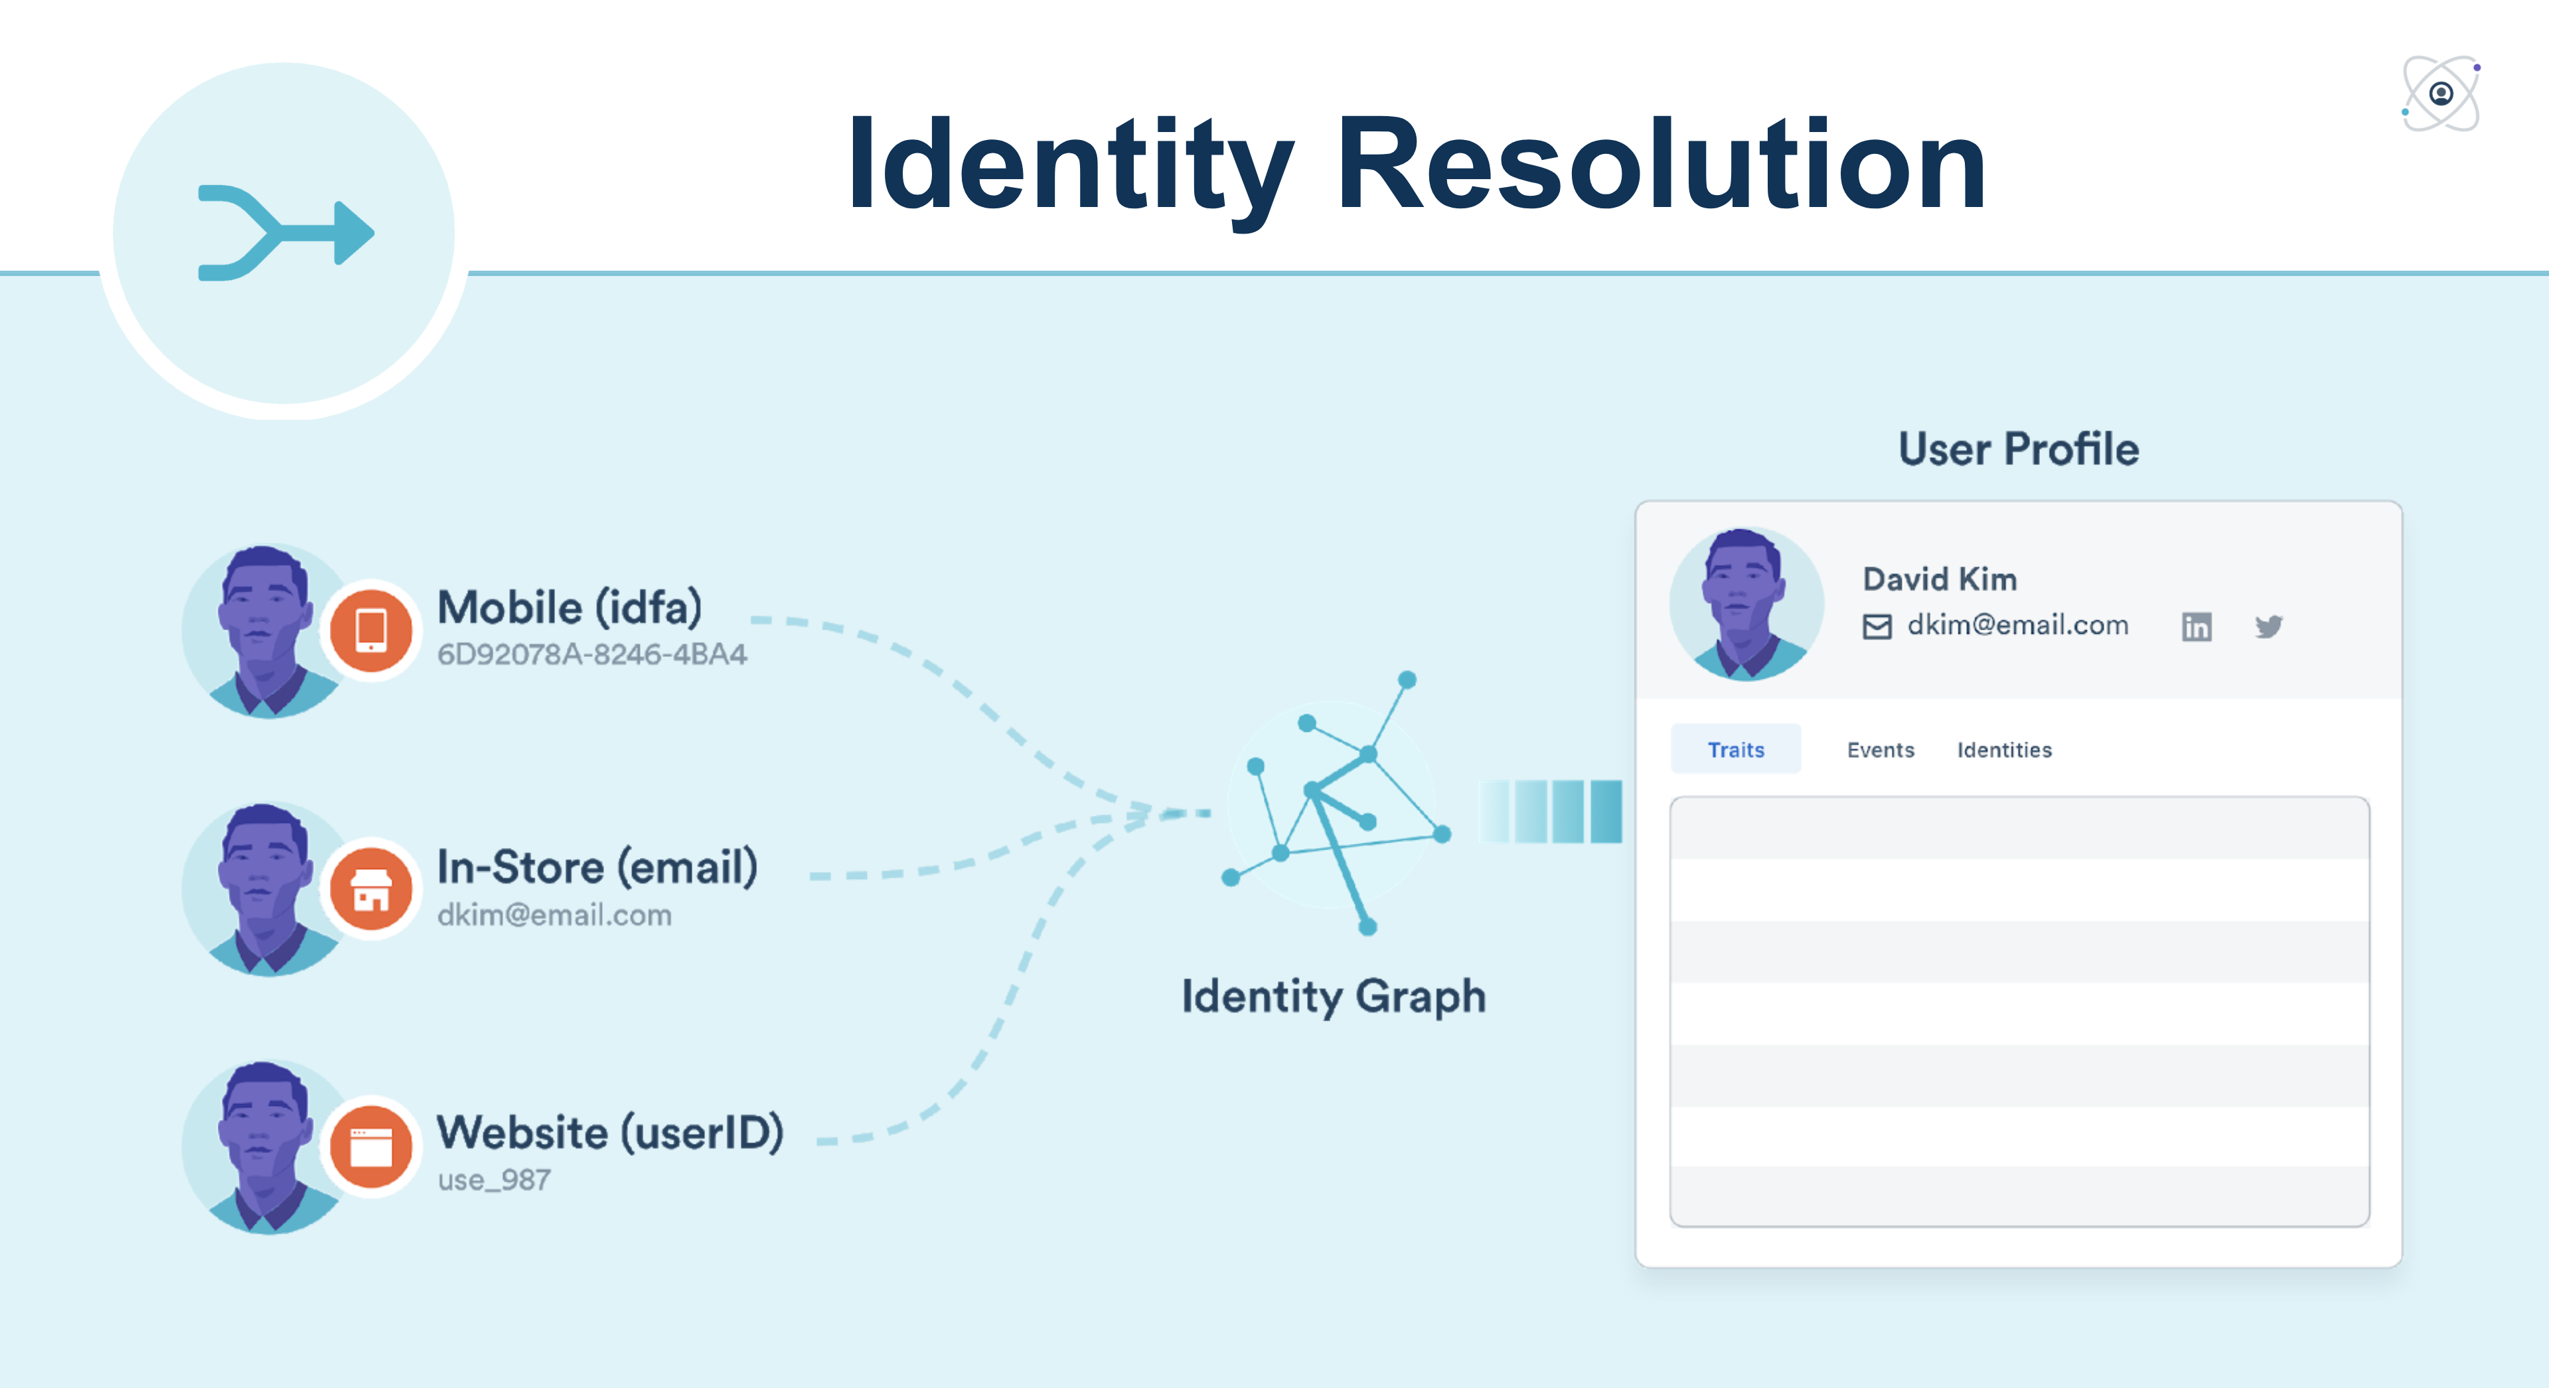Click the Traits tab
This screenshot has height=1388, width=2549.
(1736, 750)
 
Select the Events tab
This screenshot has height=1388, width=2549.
(1880, 750)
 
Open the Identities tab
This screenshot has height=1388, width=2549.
(2004, 750)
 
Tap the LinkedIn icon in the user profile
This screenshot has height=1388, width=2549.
(2196, 626)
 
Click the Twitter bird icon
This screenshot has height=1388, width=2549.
(2268, 626)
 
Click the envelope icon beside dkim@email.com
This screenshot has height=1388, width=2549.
(1876, 626)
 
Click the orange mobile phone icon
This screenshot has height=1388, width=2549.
(371, 630)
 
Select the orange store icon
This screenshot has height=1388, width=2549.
(371, 889)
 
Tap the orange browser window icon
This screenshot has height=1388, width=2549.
(371, 1146)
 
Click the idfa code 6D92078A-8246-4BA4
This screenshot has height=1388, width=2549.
(591, 655)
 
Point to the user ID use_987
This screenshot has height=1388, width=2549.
(494, 1180)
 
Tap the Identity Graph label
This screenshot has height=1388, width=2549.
(1333, 997)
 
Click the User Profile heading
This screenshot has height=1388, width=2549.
(2018, 449)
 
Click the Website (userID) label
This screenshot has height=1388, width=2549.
(609, 1133)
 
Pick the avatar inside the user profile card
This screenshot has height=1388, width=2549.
(1746, 604)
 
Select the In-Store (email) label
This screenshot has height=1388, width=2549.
(597, 868)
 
